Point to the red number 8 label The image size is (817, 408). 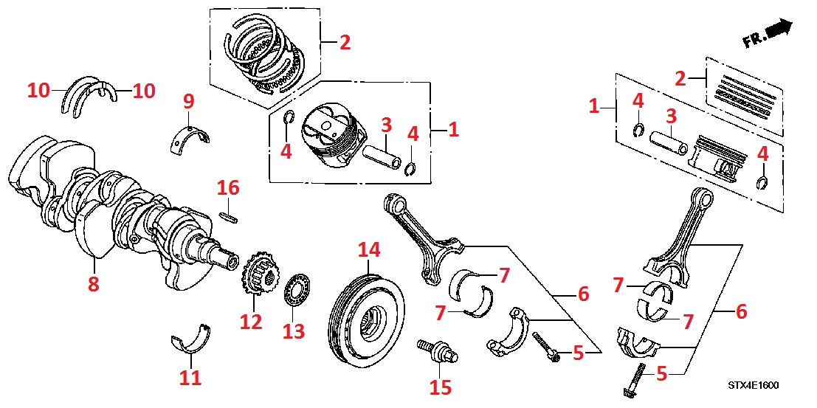click(93, 284)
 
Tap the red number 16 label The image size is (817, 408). click(228, 189)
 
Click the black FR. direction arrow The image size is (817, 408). click(778, 29)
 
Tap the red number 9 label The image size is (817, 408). click(188, 100)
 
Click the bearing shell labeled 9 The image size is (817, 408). click(190, 136)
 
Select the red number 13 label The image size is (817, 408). click(294, 332)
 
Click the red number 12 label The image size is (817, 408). click(251, 322)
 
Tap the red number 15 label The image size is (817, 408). click(441, 386)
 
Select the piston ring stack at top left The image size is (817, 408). click(266, 55)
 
